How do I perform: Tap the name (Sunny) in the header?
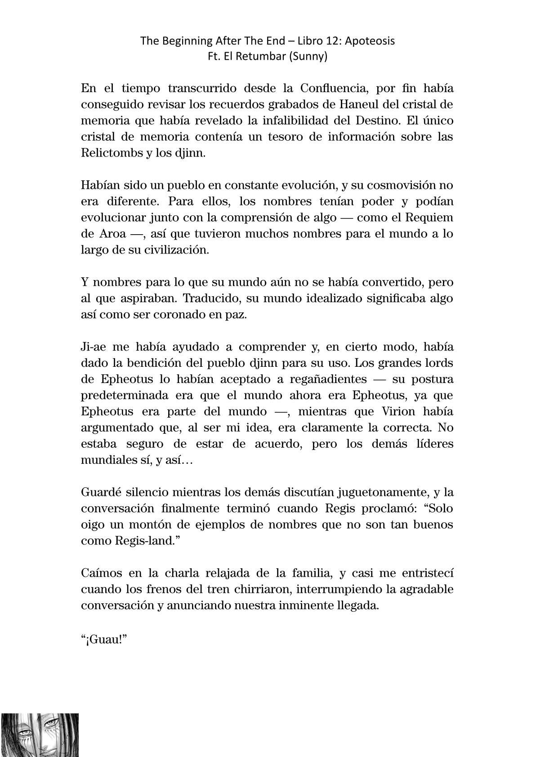point(310,57)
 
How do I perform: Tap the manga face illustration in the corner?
point(40,735)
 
